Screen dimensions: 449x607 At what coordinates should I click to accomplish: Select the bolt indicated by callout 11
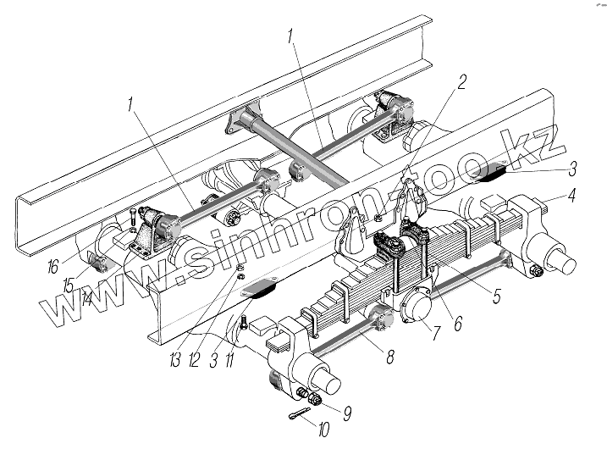(245, 324)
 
